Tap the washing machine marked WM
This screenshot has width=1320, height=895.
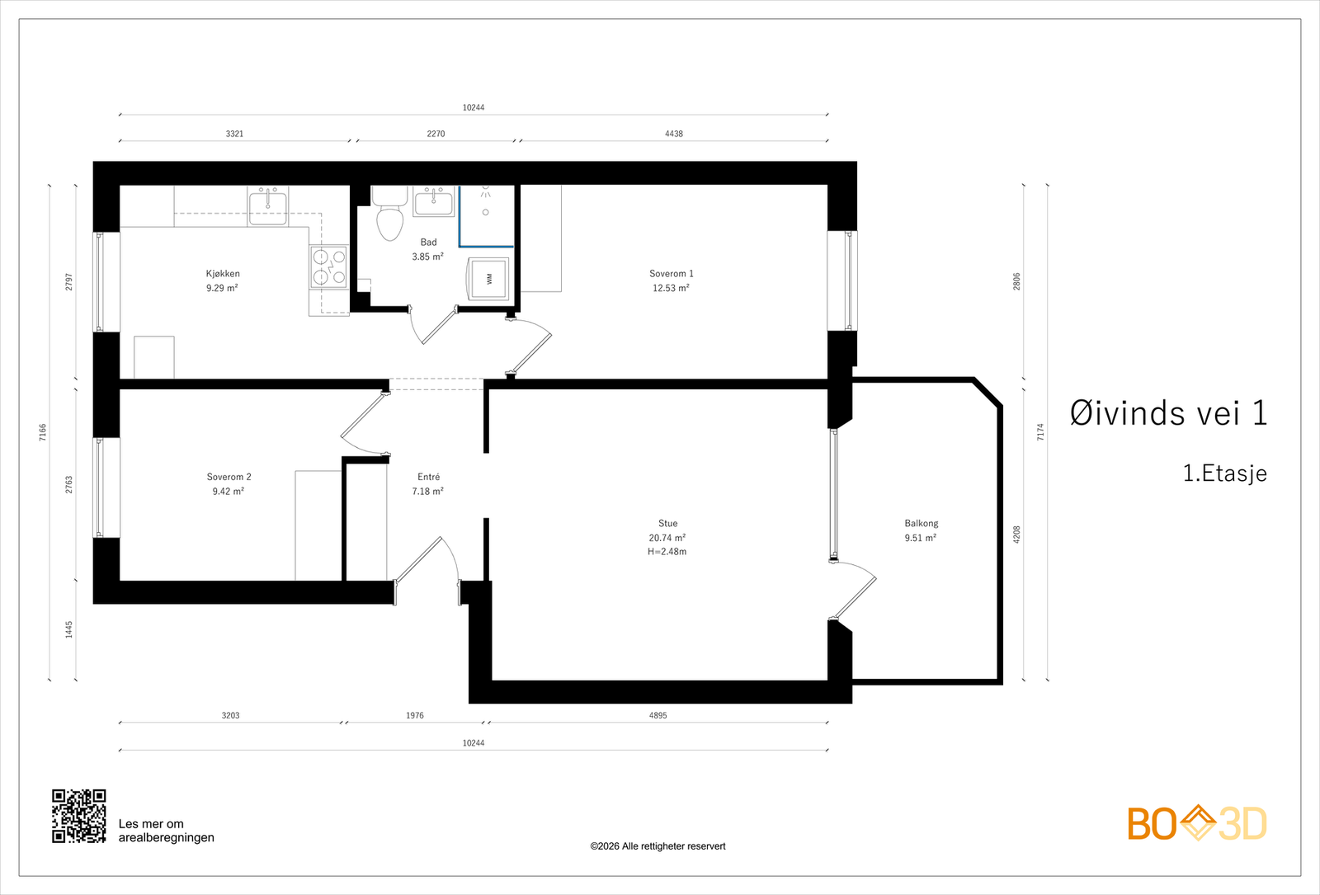click(488, 279)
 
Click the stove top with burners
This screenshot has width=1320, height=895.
click(329, 267)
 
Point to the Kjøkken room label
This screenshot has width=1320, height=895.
click(223, 273)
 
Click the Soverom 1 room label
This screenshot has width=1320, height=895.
click(672, 273)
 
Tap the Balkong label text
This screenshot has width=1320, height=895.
click(921, 523)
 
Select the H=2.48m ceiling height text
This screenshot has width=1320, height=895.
click(667, 552)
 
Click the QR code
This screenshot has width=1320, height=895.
click(79, 816)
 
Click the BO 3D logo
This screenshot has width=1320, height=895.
click(1197, 823)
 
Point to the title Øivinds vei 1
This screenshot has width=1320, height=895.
click(1168, 413)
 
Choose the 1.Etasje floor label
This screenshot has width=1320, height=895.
click(1225, 473)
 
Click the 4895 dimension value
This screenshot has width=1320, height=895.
click(658, 715)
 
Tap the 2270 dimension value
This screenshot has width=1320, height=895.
click(436, 134)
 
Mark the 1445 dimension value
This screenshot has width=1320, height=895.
click(69, 629)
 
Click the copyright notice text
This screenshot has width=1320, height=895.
click(658, 846)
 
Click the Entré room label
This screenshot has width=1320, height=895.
click(428, 477)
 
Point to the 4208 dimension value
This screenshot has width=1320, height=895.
click(1016, 535)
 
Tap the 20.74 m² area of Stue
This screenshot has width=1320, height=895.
click(667, 537)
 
